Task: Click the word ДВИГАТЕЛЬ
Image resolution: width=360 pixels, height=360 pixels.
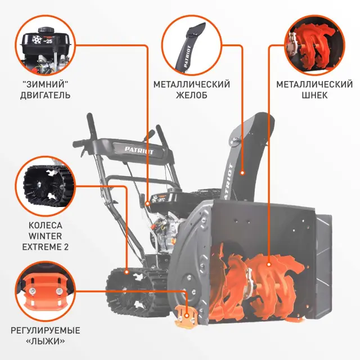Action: point(46,95)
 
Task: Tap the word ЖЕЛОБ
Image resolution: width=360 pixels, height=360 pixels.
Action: point(192,95)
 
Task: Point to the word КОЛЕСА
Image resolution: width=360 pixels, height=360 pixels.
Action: point(45,224)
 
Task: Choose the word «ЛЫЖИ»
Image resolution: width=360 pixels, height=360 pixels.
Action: point(46,341)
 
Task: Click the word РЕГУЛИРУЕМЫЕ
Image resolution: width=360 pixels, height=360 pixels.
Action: point(46,330)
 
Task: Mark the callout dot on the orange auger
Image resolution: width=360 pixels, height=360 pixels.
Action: point(269,263)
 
